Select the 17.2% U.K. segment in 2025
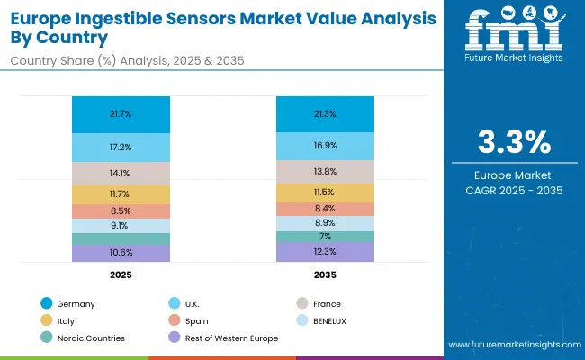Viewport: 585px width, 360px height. tap(121, 146)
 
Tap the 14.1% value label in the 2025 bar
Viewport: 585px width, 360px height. tap(121, 174)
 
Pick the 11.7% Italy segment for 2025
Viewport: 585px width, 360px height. tap(121, 193)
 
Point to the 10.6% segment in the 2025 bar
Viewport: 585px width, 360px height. tap(121, 253)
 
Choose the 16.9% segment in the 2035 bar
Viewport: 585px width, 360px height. tap(325, 146)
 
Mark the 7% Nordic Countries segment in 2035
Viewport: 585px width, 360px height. tap(325, 236)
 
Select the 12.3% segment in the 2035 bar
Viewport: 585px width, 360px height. tap(325, 252)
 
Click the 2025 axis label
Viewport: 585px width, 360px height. tap(121, 274)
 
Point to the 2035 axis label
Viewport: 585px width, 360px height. tap(325, 274)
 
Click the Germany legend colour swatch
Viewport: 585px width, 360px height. tap(46, 304)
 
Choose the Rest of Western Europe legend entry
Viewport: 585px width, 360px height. tap(230, 337)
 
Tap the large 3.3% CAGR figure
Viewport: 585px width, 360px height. tap(514, 142)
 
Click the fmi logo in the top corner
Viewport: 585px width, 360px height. tap(514, 36)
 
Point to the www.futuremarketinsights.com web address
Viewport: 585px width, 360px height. tap(513, 345)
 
